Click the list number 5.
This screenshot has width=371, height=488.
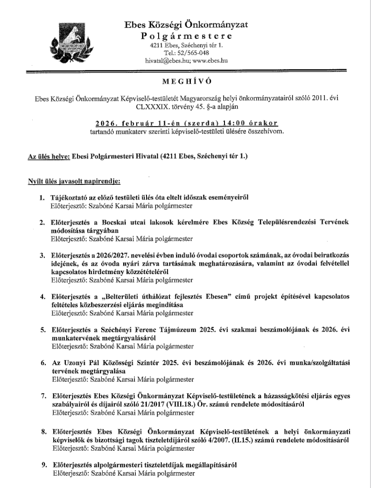[42, 329]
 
